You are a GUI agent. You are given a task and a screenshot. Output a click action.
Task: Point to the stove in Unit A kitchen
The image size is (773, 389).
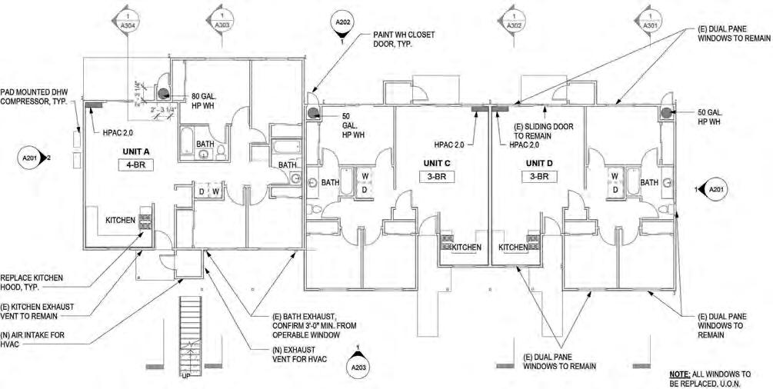coord(144,220)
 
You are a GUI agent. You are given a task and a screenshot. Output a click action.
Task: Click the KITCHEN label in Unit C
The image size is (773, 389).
coord(466,247)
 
